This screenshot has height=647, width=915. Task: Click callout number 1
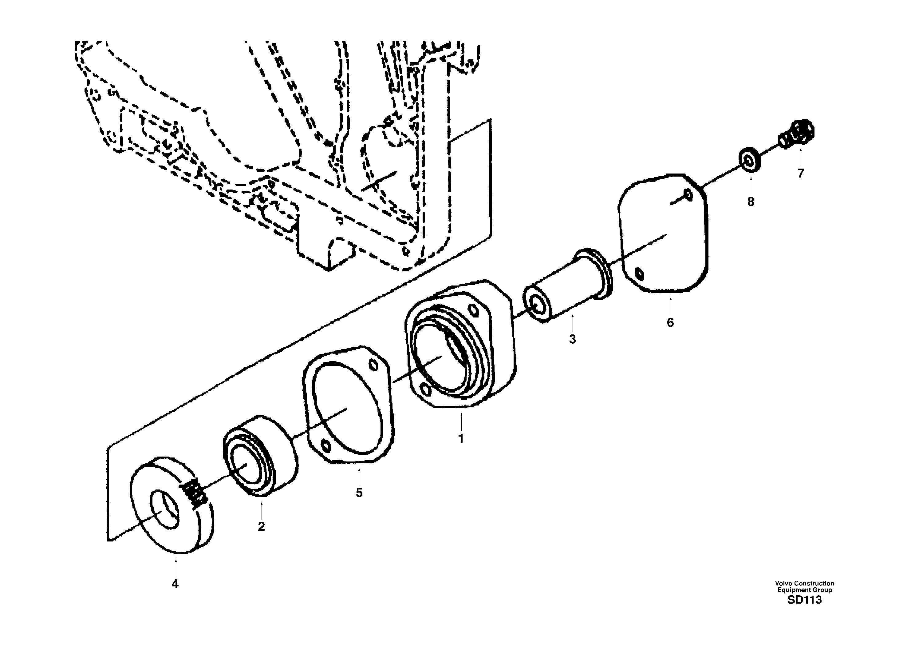pyautogui.click(x=461, y=439)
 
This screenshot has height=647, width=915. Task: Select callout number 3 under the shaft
pyautogui.click(x=572, y=339)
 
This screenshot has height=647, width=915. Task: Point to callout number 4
pyautogui.click(x=175, y=584)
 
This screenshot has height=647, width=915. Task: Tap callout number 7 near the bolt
pyautogui.click(x=801, y=174)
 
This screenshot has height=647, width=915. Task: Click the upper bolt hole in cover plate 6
pyautogui.click(x=688, y=194)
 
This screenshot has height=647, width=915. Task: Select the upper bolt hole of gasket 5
pyautogui.click(x=373, y=365)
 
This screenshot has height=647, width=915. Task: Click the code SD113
pyautogui.click(x=804, y=600)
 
